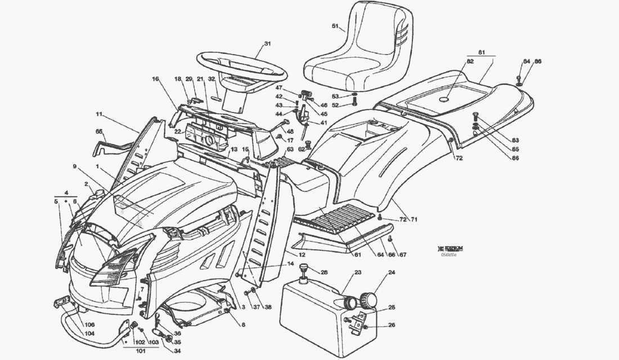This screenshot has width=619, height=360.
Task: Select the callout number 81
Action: pos(481,52)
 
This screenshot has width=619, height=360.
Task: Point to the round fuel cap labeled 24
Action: pos(370,298)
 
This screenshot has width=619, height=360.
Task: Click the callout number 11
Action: pos(98,114)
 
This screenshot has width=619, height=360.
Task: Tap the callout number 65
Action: pos(100,131)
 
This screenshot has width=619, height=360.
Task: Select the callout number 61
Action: pos(357,255)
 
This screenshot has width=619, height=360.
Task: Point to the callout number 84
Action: pos(526,61)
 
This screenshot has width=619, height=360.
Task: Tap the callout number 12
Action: pos(302,255)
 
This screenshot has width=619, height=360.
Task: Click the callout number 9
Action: pos(74,166)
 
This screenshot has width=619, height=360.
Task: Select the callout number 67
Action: pos(403,255)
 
